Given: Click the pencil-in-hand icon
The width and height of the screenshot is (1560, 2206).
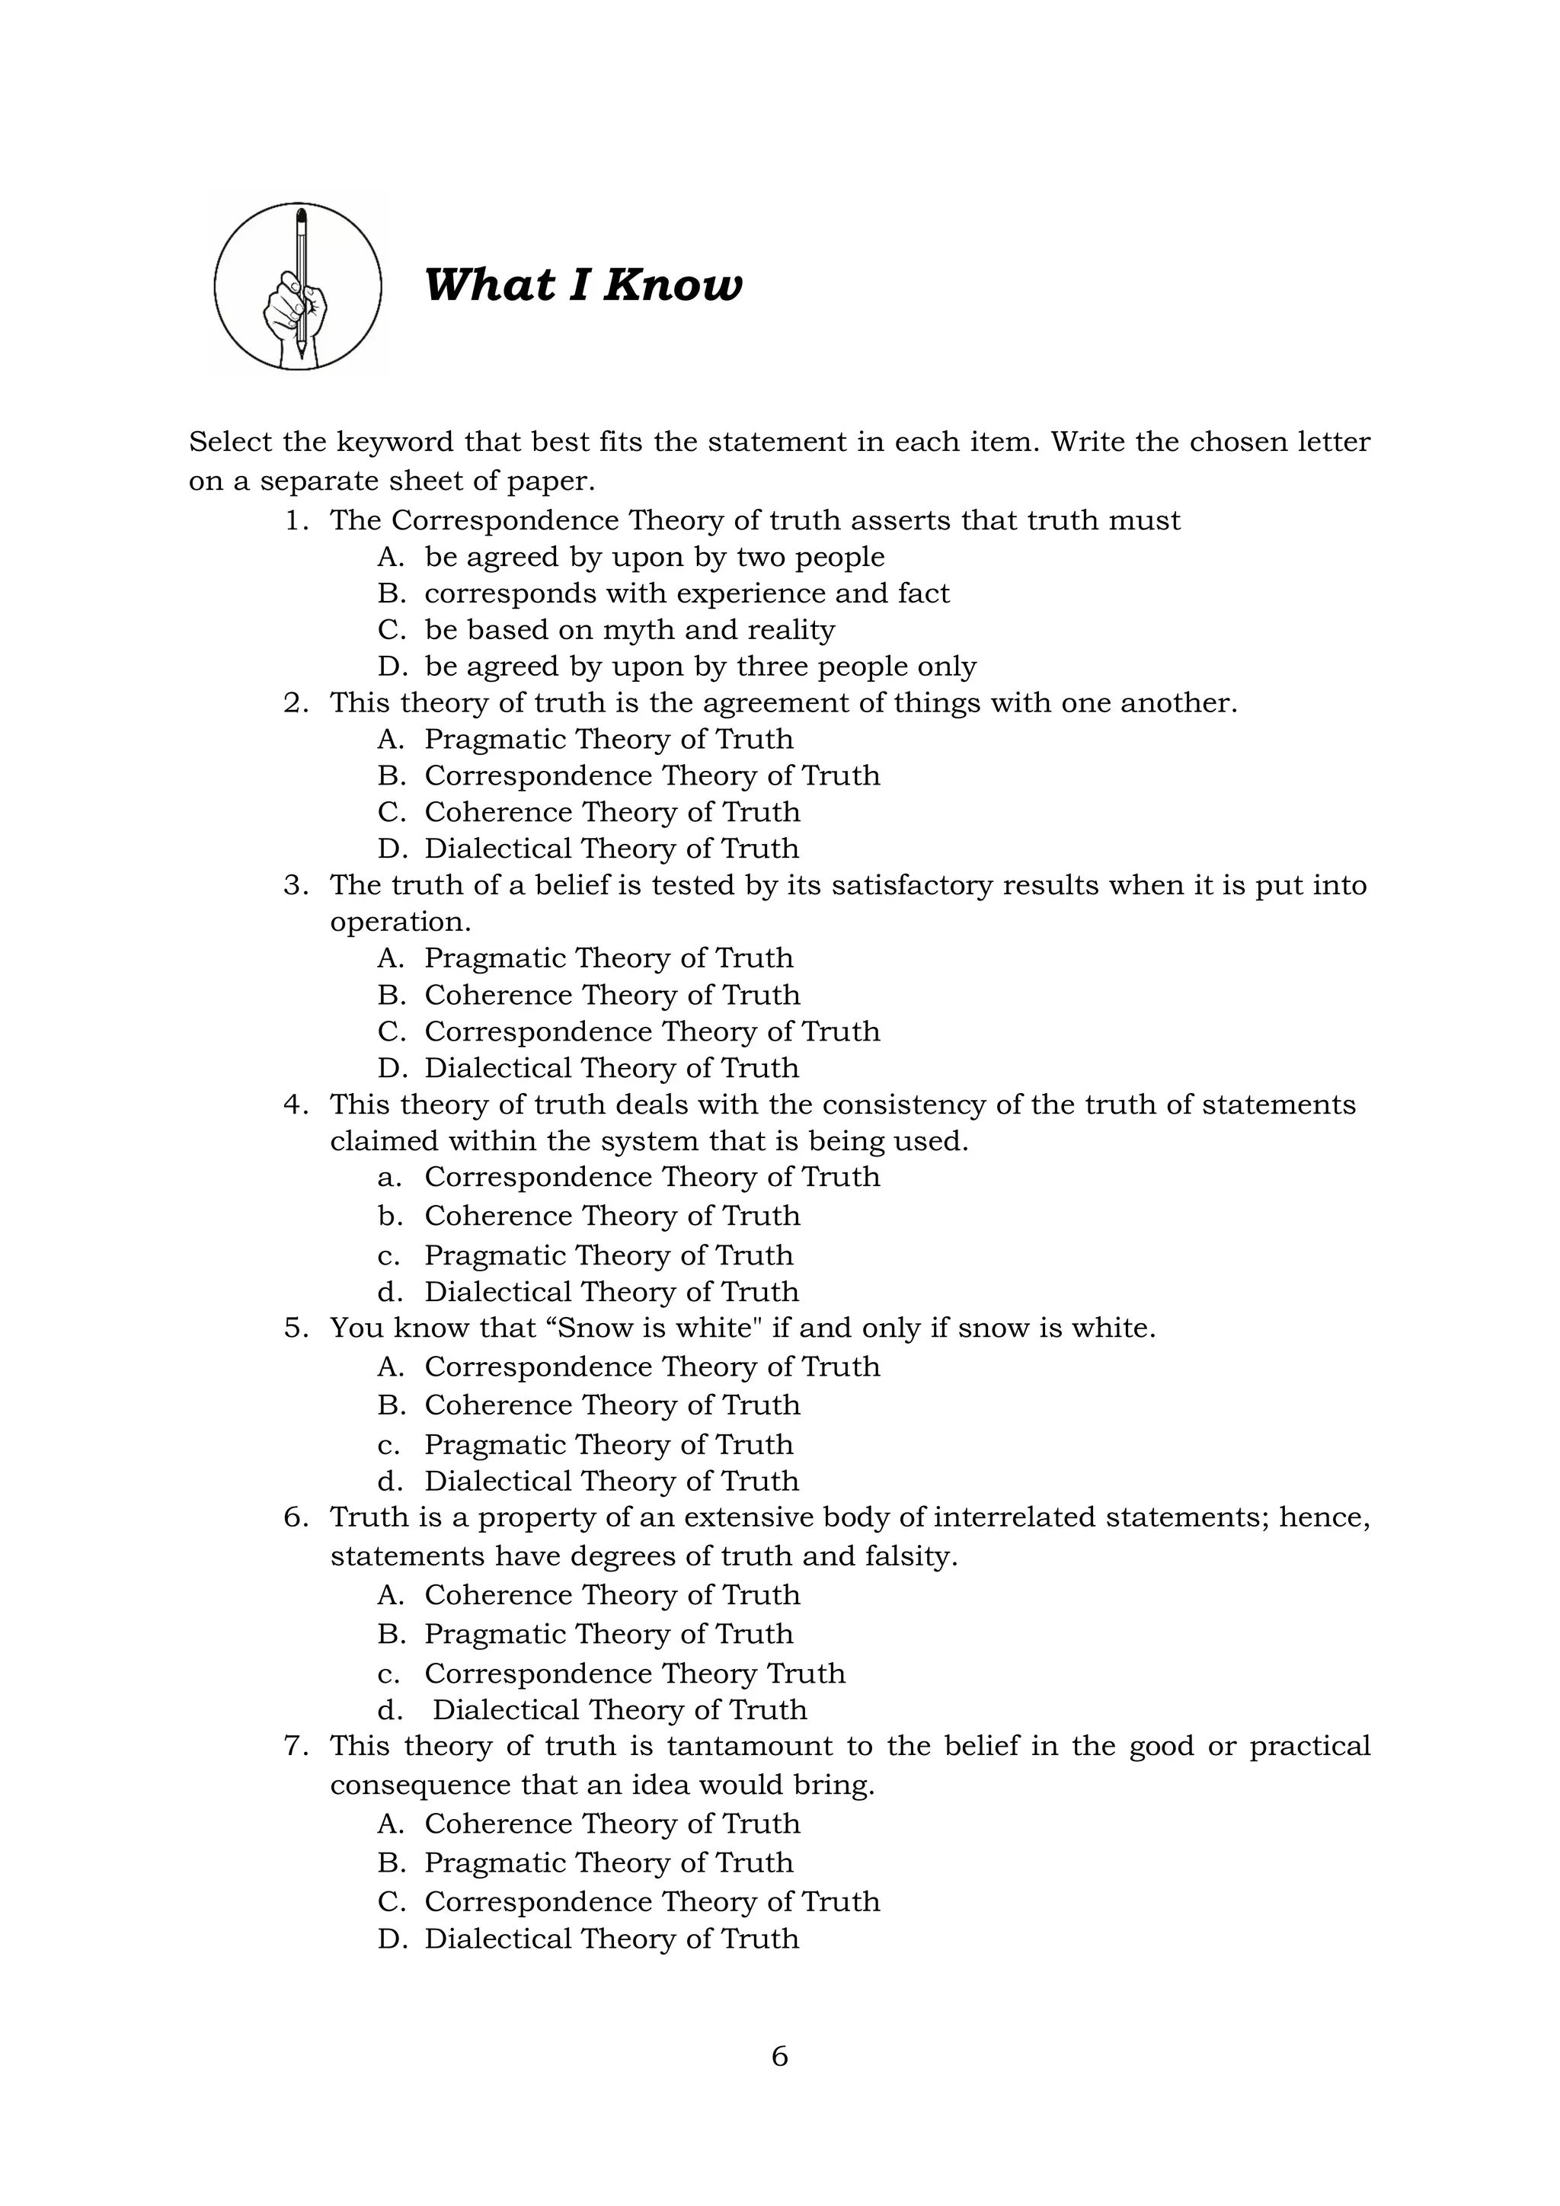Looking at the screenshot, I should tap(298, 286).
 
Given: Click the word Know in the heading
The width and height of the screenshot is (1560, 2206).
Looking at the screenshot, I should tap(673, 286).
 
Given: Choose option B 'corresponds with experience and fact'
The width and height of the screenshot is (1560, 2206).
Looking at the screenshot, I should tap(686, 593).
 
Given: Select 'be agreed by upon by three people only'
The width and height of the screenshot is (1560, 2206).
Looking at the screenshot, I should tap(699, 667).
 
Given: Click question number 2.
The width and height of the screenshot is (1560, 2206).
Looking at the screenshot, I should tap(296, 703).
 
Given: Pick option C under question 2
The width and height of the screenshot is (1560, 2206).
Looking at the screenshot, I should tap(611, 813).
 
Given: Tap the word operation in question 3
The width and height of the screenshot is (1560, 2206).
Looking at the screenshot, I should tap(400, 922).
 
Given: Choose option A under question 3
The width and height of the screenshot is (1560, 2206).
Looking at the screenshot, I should tap(608, 959).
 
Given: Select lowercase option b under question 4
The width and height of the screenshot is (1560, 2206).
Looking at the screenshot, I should tap(611, 1216).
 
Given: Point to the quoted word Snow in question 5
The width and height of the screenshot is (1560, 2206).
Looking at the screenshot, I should tap(599, 1328).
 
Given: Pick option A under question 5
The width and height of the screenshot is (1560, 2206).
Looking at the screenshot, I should tap(651, 1367).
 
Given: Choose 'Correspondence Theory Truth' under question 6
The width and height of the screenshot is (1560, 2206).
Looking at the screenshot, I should tap(634, 1674).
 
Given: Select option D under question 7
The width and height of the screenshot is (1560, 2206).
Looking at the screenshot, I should tap(611, 1939).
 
